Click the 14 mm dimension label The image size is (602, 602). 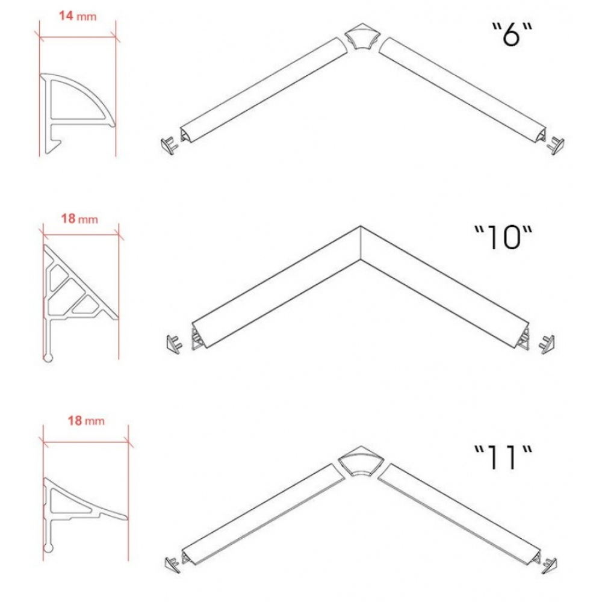pos(78,16)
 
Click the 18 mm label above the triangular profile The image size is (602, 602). pos(79,219)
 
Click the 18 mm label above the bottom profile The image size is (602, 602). pos(86,421)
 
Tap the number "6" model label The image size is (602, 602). pos(512,34)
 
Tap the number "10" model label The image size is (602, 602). pos(503,237)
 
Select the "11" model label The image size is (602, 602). pos(503,458)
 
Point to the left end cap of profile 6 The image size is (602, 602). pos(169,145)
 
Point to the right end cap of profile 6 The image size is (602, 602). pos(556,145)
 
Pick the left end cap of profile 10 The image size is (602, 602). pos(173,344)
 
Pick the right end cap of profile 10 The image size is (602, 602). pos(547,344)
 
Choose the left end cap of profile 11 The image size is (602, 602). pos(172,565)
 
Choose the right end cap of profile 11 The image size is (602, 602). pos(550,565)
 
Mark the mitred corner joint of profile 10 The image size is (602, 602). pos(360,243)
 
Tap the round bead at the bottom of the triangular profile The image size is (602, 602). pos(48,358)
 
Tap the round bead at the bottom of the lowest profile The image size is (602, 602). pos(48,548)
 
